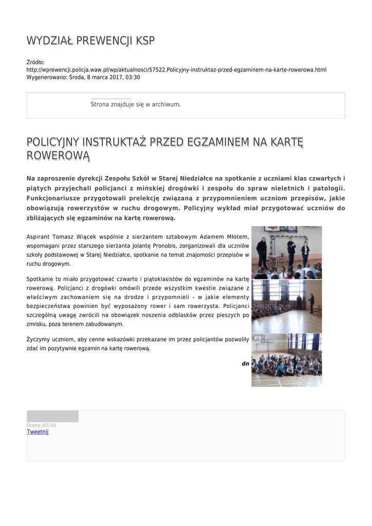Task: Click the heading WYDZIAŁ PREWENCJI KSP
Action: click(90, 41)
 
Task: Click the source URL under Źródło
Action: click(176, 69)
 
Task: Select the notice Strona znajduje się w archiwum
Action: click(135, 104)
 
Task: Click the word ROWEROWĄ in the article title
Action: click(58, 155)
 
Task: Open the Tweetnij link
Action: click(37, 432)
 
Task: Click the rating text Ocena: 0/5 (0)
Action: click(41, 425)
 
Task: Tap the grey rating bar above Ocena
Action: click(52, 417)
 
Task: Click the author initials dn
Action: click(245, 364)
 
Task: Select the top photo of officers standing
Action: click(286, 252)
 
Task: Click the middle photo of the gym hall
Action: click(286, 306)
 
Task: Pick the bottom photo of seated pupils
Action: click(286, 360)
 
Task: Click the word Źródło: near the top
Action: click(35, 62)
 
